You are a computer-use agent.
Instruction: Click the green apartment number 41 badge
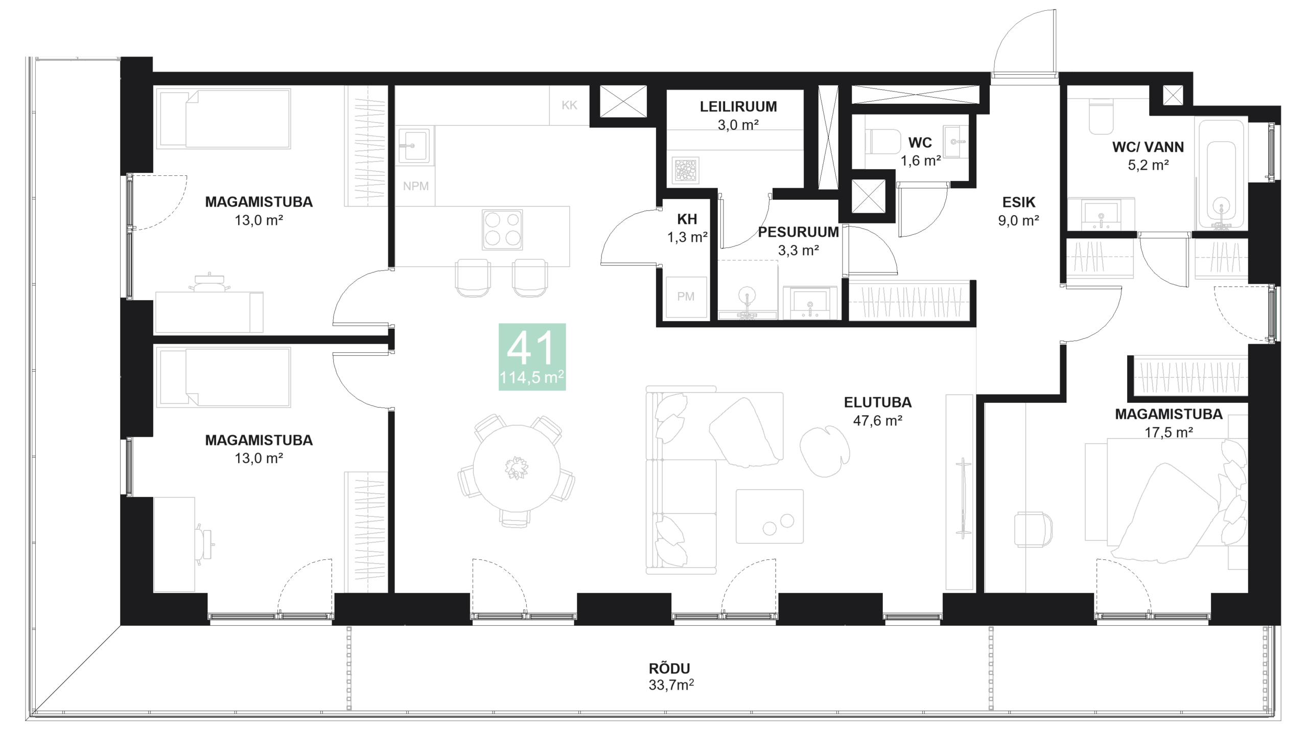532,356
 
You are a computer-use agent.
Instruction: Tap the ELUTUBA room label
877,402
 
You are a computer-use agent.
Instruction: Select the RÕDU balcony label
669,668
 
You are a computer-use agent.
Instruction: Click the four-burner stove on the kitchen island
502,230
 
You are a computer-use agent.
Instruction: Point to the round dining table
516,468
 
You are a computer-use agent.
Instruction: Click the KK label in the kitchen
569,105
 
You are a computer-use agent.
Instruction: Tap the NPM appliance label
415,186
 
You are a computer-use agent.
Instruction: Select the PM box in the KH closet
686,296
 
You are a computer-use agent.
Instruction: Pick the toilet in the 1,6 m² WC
883,142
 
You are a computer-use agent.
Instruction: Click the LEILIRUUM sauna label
738,106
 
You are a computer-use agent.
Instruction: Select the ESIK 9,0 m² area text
1018,220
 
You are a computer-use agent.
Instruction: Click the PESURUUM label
798,232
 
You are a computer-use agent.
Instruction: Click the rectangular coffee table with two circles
769,516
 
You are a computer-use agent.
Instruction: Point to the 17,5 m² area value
1169,433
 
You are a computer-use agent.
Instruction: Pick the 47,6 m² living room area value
877,421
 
